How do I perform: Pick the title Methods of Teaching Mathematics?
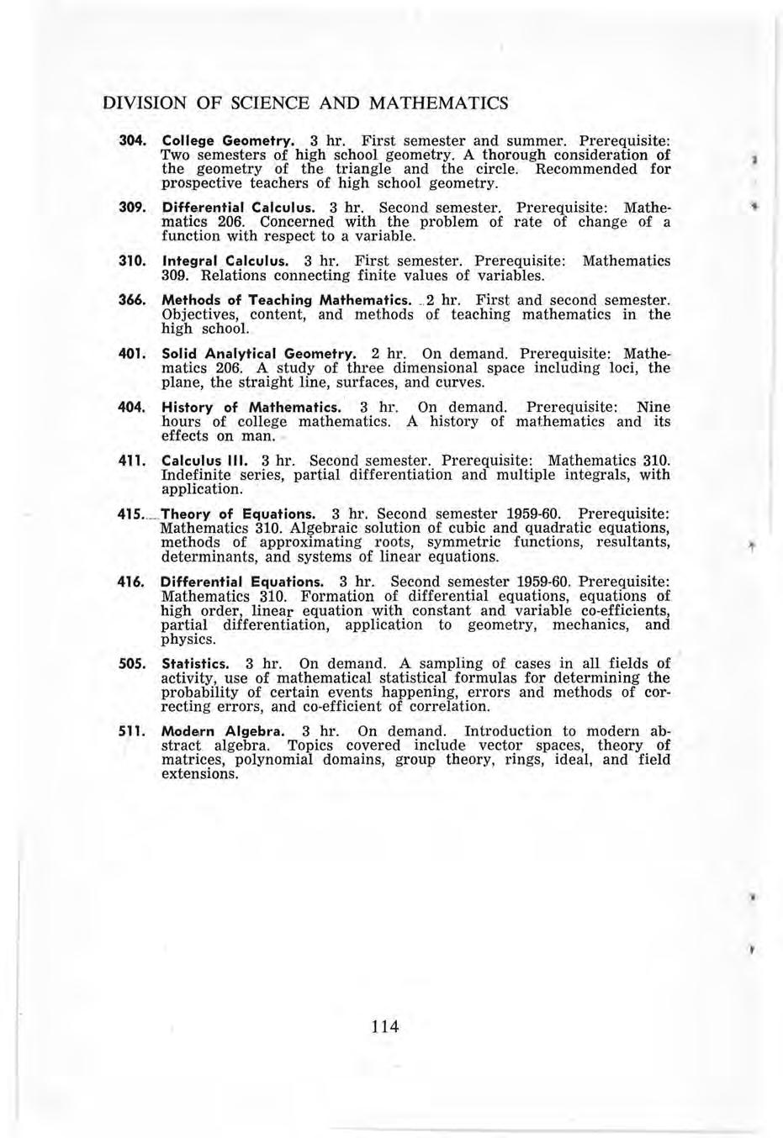point(286,300)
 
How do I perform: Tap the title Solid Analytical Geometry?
point(259,354)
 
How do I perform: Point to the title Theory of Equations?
point(238,514)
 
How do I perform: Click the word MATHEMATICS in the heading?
point(436,103)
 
